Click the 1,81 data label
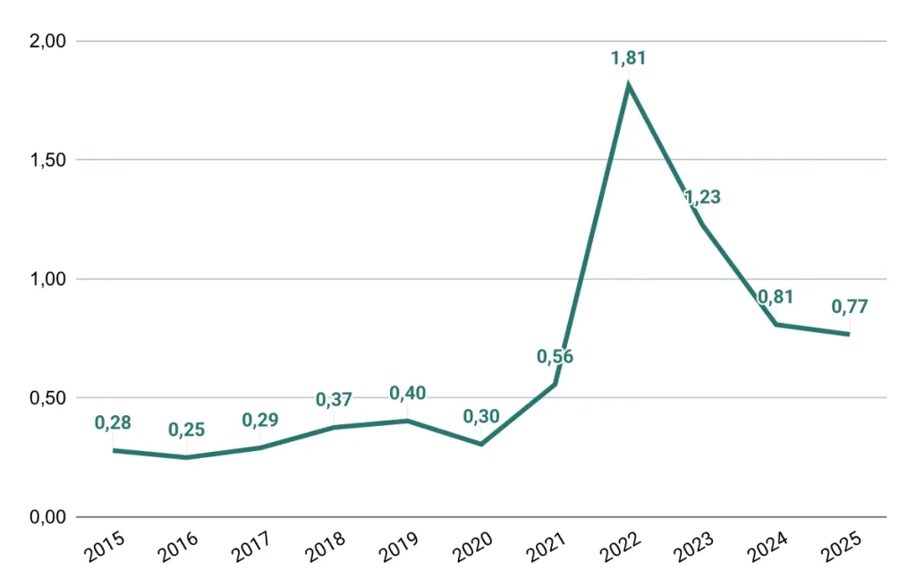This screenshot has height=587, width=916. tap(628, 59)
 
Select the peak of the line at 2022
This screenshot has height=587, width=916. tap(629, 85)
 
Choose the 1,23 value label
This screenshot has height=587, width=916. tap(703, 198)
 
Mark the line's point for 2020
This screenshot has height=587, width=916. tap(481, 444)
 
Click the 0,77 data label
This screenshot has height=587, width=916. tap(850, 307)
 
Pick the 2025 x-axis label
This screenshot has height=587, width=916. tap(842, 550)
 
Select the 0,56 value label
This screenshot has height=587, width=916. tap(555, 357)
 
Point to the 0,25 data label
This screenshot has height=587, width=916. tap(187, 430)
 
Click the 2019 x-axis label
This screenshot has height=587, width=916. tap(400, 550)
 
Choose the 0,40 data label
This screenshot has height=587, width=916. tap(408, 393)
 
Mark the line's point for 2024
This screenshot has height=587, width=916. tap(776, 324)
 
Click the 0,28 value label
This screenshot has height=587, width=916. tap(113, 422)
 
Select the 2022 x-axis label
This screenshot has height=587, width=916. tap(621, 550)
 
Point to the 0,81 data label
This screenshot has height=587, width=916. tap(776, 298)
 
